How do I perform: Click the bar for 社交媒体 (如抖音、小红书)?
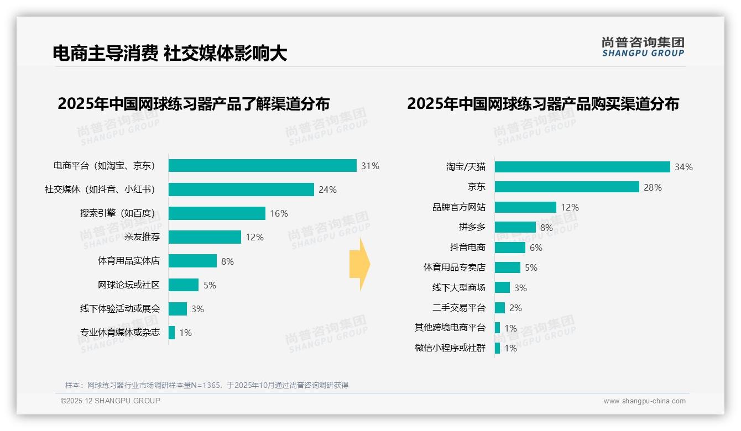point(241,190)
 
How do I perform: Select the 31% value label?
point(370,166)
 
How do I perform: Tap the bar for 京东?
point(567,187)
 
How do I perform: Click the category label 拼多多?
point(472,227)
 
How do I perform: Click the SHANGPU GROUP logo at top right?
point(643,46)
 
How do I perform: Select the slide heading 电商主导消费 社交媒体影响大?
point(170,53)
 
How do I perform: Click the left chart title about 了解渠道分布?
point(194,104)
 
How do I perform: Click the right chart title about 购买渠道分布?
point(542,104)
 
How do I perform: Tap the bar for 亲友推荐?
point(205,237)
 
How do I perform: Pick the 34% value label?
point(683,167)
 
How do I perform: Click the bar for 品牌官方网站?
point(525,207)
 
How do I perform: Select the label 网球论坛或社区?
point(128,285)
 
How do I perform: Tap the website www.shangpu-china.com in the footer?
point(644,401)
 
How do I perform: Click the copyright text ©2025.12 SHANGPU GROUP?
point(111,401)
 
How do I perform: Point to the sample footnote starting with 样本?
point(206,385)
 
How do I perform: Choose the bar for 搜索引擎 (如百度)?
point(217,213)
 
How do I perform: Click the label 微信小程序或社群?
point(450,348)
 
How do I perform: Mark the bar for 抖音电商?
point(510,248)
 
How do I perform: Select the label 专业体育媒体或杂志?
point(119,333)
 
